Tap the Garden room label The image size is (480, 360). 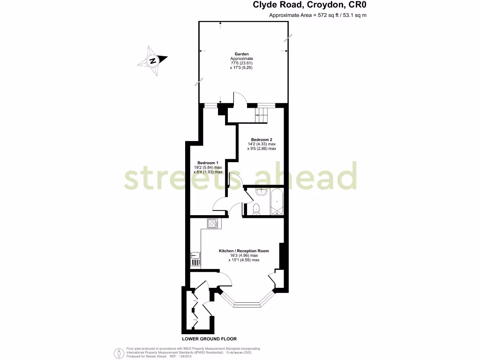point(242,54)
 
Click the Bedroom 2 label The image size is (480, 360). point(261,139)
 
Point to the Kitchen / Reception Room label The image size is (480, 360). point(244,251)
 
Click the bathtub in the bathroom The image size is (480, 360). point(277,202)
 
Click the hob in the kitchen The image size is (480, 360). point(212,224)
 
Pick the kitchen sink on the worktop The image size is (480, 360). point(195,259)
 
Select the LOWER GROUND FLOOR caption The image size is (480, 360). point(209,338)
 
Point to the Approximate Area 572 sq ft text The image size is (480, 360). point(317,15)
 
